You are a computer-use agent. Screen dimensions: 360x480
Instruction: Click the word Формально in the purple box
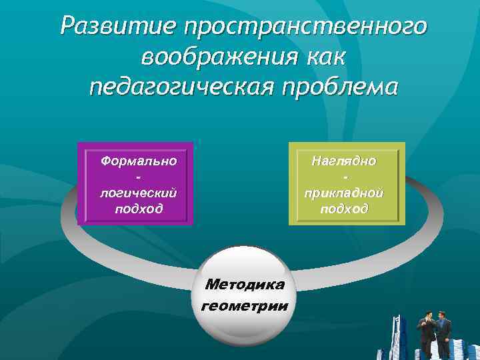click(x=138, y=161)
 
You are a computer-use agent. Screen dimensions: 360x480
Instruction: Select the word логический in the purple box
click(x=138, y=193)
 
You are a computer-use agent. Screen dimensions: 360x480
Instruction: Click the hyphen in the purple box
click(x=138, y=177)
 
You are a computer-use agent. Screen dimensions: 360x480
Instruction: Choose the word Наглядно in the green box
click(x=344, y=161)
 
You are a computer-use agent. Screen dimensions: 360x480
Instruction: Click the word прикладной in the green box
click(x=344, y=193)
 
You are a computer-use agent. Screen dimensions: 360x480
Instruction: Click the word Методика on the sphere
click(x=245, y=285)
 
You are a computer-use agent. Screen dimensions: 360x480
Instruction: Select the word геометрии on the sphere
click(x=245, y=306)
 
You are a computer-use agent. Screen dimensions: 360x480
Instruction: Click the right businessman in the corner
click(x=443, y=333)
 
